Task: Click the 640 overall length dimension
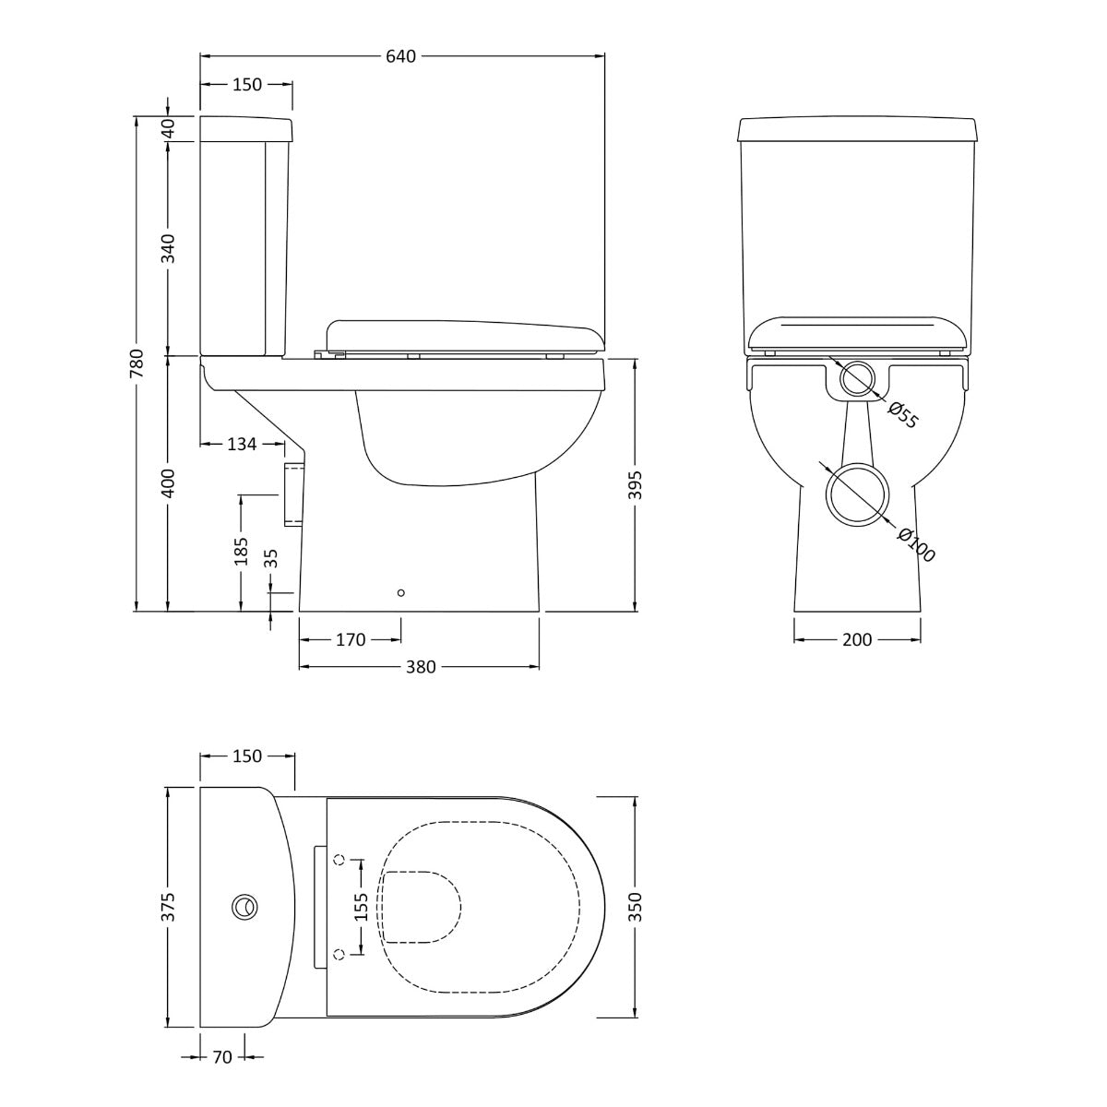click(401, 56)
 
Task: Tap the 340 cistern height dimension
click(168, 247)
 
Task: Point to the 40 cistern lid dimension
click(168, 128)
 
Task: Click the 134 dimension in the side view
click(241, 445)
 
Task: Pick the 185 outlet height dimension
click(241, 552)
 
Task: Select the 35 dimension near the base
click(270, 557)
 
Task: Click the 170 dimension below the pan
click(351, 639)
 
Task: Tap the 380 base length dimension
click(420, 667)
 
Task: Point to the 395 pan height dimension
click(636, 485)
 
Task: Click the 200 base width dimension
click(857, 639)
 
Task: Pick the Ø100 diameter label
click(916, 544)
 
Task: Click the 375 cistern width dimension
click(168, 907)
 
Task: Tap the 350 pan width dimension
click(636, 907)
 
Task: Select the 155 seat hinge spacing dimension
click(361, 907)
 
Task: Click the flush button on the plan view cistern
click(245, 907)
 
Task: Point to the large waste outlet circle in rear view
click(857, 494)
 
